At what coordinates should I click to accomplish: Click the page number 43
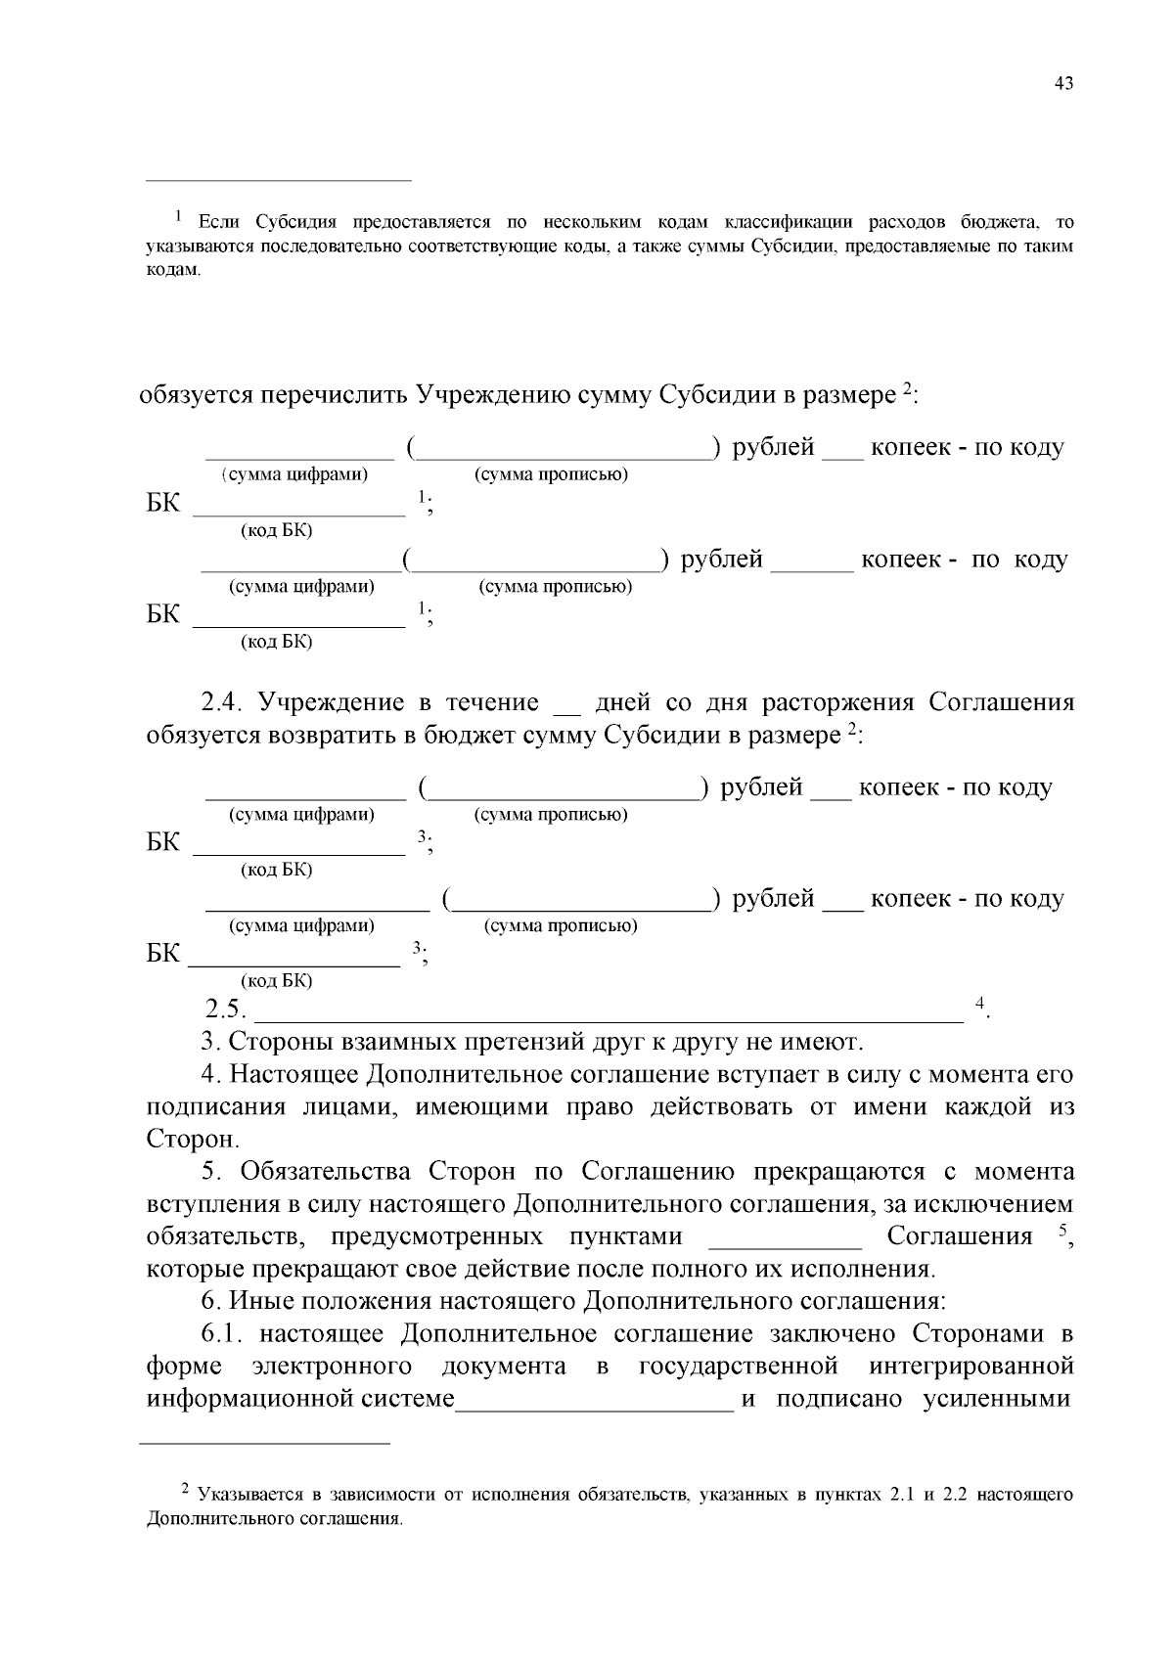pos(1063,84)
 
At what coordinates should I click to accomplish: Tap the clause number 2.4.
pos(227,703)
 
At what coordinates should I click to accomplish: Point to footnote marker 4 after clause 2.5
pos(979,1003)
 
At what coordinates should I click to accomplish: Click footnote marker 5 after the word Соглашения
pos(1061,1231)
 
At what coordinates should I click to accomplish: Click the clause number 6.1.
pos(228,1334)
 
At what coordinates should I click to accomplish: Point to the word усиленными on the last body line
pos(998,1399)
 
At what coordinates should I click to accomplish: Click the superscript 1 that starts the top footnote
pos(178,215)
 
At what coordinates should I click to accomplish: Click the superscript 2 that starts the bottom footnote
pos(185,1489)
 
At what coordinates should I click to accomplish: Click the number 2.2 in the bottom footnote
pos(954,1496)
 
